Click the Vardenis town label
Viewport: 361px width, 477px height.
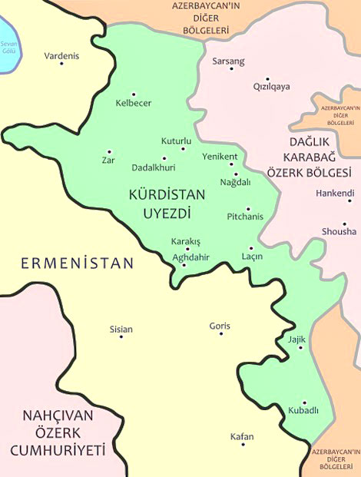(61, 56)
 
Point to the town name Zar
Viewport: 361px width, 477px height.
(108, 161)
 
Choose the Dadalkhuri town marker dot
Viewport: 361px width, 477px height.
(164, 158)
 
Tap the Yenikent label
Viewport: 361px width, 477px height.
(220, 156)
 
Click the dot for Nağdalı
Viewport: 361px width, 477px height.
(236, 173)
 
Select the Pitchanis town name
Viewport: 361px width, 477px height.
(246, 217)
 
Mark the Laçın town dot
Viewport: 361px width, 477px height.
(251, 248)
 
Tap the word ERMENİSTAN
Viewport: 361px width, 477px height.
(77, 263)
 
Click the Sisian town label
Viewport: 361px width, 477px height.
(121, 330)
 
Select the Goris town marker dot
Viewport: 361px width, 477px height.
(220, 334)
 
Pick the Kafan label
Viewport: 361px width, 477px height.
(242, 437)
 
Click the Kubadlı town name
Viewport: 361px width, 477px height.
(303, 411)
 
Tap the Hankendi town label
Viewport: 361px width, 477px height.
(335, 193)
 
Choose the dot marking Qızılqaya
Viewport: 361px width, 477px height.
(267, 78)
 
